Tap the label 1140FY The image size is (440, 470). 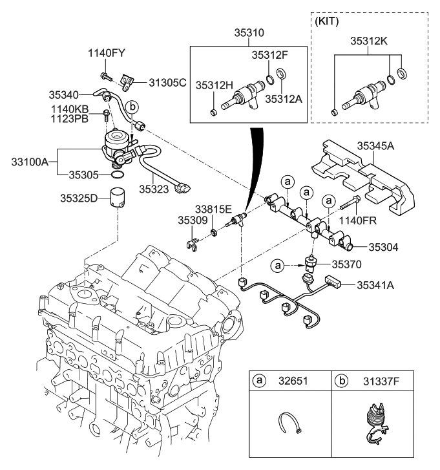(107, 54)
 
